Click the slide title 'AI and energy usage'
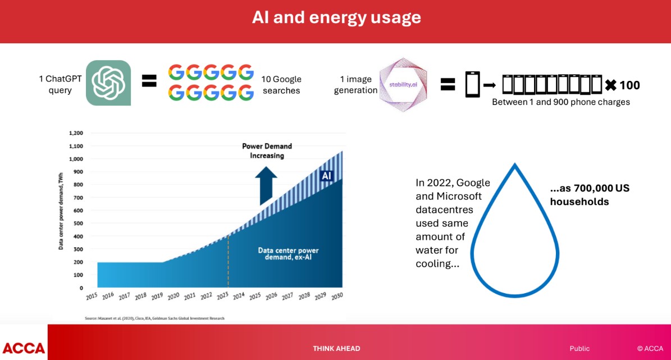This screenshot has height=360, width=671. pyautogui.click(x=336, y=17)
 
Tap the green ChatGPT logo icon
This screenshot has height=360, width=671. pyautogui.click(x=108, y=83)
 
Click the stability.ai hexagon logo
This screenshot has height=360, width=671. pyautogui.click(x=403, y=84)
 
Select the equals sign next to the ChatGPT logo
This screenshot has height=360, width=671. pyautogui.click(x=149, y=80)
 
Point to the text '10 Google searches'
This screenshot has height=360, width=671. pyautogui.click(x=281, y=85)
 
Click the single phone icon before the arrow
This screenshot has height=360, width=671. pyautogui.click(x=472, y=84)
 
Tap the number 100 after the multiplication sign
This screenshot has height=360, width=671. pyautogui.click(x=629, y=85)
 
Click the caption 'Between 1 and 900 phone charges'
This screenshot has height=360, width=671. pyautogui.click(x=560, y=102)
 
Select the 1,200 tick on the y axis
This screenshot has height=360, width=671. pyautogui.click(x=76, y=133)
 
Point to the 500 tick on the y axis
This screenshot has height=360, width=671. pyautogui.click(x=78, y=224)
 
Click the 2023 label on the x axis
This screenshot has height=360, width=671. pyautogui.click(x=222, y=296)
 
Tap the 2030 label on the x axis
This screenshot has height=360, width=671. pyautogui.click(x=337, y=296)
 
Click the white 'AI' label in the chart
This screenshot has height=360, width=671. pyautogui.click(x=326, y=176)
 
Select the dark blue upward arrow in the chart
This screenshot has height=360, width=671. pyautogui.click(x=266, y=185)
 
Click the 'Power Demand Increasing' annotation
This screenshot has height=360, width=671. pyautogui.click(x=267, y=151)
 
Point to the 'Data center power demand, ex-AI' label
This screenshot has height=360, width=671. pyautogui.click(x=288, y=253)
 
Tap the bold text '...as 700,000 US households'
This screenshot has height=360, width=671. pyautogui.click(x=590, y=195)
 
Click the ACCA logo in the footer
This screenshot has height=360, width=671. pyautogui.click(x=24, y=348)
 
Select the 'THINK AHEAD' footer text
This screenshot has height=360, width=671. pyautogui.click(x=336, y=348)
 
